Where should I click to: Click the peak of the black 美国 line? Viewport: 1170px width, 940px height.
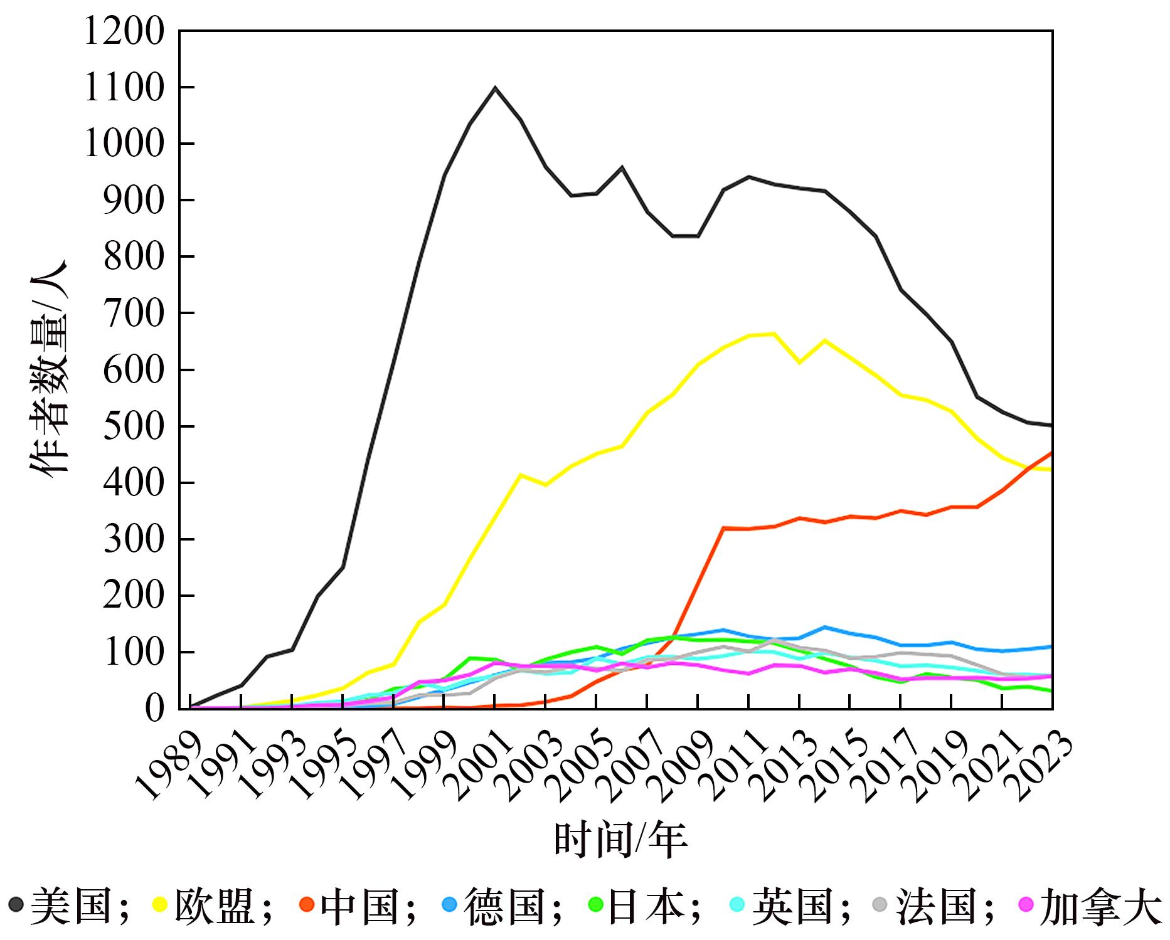coord(495,88)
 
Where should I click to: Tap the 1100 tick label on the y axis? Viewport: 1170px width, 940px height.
coord(122,87)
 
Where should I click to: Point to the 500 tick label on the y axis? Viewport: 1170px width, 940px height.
coord(132,426)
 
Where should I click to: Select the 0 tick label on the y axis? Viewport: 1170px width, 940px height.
coord(154,709)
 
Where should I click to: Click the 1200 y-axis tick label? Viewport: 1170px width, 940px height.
coord(122,31)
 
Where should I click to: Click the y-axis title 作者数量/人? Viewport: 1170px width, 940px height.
coord(48,370)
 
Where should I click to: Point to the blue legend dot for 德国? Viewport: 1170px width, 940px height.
coord(449,904)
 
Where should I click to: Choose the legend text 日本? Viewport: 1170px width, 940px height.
coord(647,906)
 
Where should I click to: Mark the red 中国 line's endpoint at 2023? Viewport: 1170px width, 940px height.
coord(1052,452)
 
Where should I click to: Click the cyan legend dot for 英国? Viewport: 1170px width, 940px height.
coord(737,904)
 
